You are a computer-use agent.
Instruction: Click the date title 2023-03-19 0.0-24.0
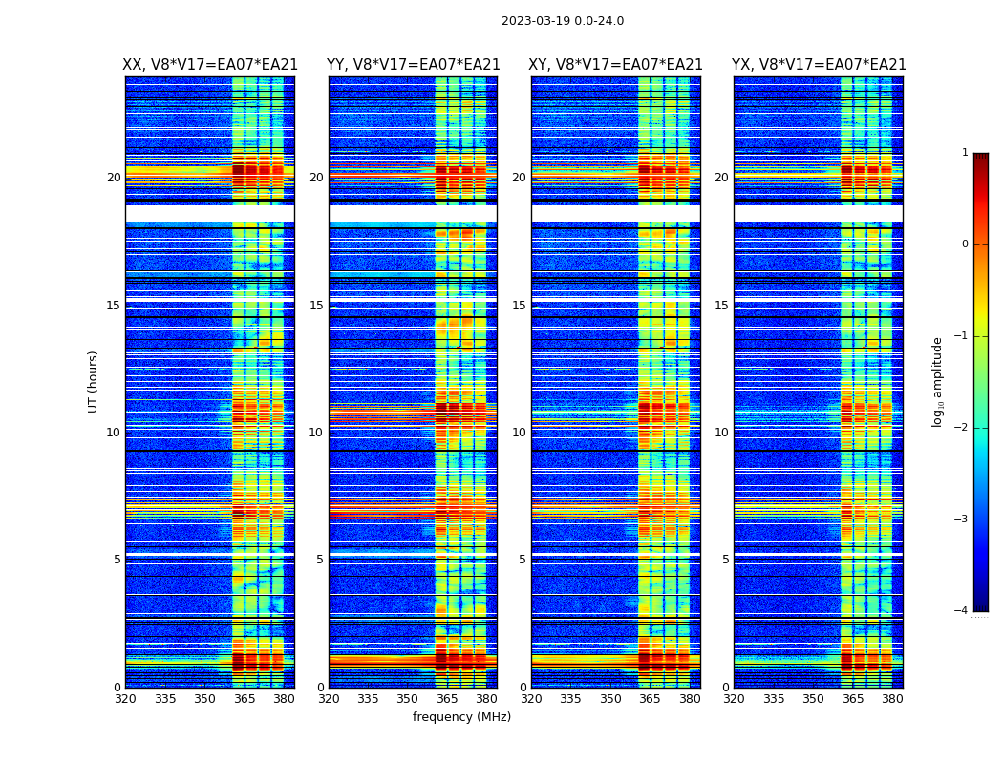(563, 21)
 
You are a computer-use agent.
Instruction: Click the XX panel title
(210, 65)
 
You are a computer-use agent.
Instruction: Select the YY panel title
(413, 65)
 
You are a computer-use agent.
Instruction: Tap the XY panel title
(615, 65)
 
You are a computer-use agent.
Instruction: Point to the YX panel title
(819, 65)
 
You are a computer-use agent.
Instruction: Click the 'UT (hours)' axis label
(94, 381)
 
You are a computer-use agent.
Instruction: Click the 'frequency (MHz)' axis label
(461, 717)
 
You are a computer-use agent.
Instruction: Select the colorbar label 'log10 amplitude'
(938, 381)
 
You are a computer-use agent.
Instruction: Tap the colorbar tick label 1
(965, 153)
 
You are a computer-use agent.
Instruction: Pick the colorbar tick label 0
(965, 244)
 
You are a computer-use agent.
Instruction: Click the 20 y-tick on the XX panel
(114, 178)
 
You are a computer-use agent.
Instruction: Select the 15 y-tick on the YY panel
(316, 306)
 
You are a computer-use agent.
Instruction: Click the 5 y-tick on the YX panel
(726, 560)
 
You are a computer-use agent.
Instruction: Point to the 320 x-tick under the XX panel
(125, 699)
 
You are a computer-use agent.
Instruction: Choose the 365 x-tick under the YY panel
(447, 699)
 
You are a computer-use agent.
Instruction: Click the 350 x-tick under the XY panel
(610, 699)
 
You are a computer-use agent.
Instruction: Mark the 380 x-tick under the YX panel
(892, 699)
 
